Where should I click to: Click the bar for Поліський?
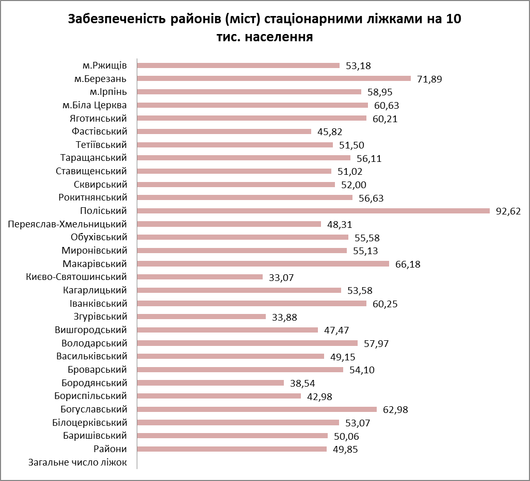pyautogui.click(x=313, y=210)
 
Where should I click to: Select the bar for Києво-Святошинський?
pyautogui.click(x=200, y=277)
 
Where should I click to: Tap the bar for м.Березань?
pyautogui.click(x=274, y=78)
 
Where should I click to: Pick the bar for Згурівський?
pyautogui.click(x=201, y=317)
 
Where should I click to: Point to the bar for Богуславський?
pyautogui.click(x=257, y=409)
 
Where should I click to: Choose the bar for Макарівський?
pyautogui.click(x=263, y=263)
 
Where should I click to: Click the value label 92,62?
pyautogui.click(x=508, y=211)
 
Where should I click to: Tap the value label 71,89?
pyautogui.click(x=430, y=79)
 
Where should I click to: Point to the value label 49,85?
pyautogui.click(x=346, y=449)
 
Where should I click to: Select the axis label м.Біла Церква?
pyautogui.click(x=94, y=105)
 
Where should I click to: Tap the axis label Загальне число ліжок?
pyautogui.click(x=77, y=462)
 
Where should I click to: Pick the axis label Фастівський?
pyautogui.click(x=100, y=131)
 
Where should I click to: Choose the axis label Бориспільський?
pyautogui.click(x=91, y=396)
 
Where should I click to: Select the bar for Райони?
pyautogui.click(x=232, y=449)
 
